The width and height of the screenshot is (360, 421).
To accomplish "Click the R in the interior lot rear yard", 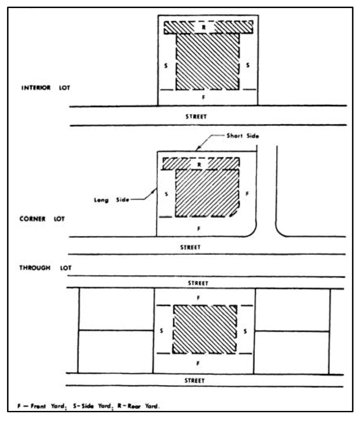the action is tap(204, 27).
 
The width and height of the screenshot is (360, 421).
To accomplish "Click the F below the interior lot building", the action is tap(204, 97).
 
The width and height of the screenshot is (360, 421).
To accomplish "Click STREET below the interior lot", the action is tap(197, 116).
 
